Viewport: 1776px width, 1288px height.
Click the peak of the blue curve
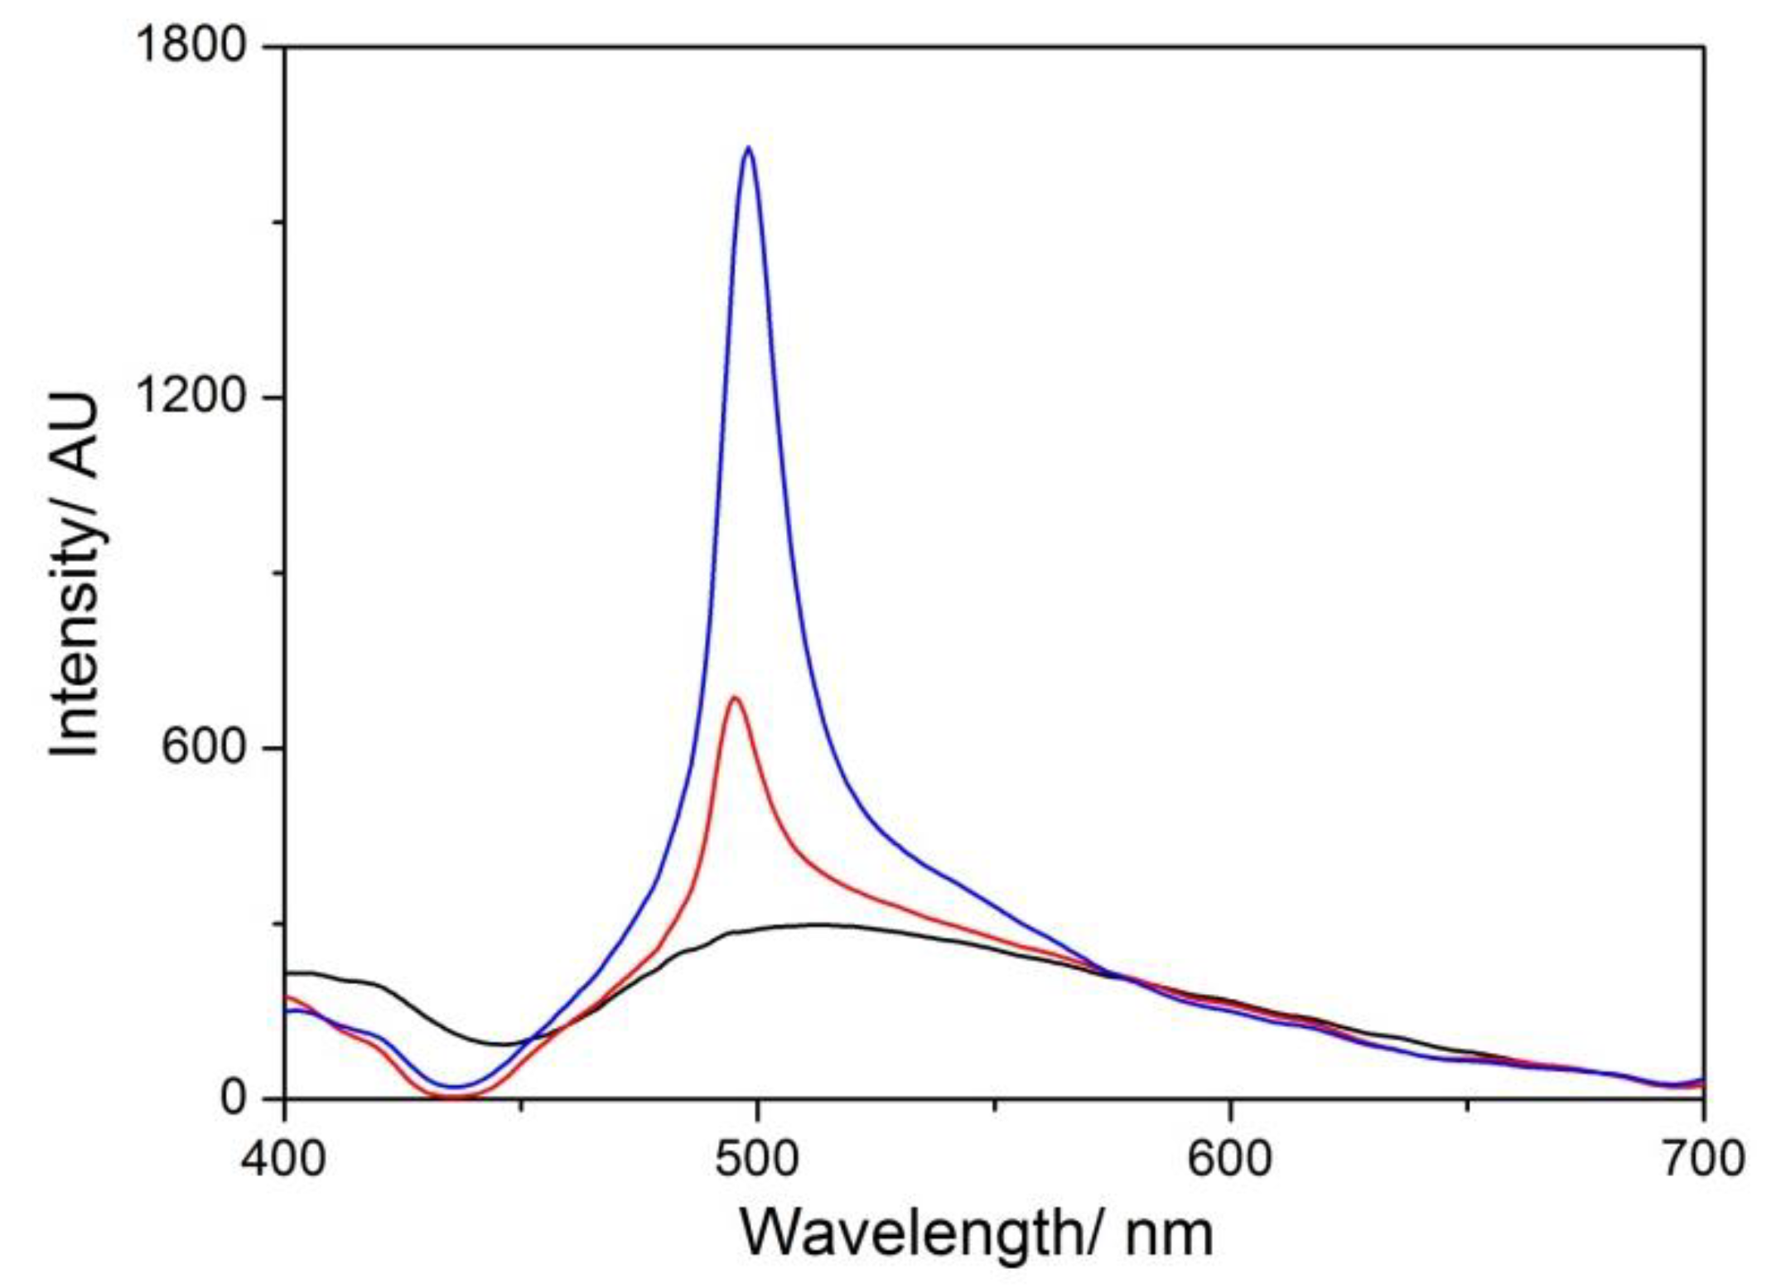click(x=748, y=148)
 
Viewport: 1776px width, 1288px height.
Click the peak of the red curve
click(x=734, y=697)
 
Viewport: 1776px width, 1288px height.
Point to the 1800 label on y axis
click(x=191, y=45)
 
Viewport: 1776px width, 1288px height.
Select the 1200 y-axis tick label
click(x=191, y=396)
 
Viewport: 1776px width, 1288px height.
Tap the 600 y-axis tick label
click(x=204, y=747)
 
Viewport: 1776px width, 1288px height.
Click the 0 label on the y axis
click(x=234, y=1097)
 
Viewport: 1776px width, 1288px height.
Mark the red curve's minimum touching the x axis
click(x=451, y=1097)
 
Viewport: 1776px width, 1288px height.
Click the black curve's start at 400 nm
click(x=287, y=972)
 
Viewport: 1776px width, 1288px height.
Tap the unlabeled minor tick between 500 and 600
click(x=994, y=1105)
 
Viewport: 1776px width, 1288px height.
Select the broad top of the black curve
click(x=820, y=924)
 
